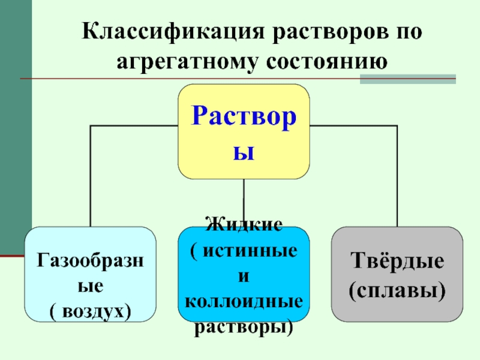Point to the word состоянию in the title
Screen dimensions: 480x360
[326, 62]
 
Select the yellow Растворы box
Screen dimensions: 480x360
[244, 131]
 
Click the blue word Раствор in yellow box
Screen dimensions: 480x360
[244, 116]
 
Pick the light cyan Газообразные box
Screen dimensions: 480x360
[91, 274]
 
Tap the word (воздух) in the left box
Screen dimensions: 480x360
[91, 312]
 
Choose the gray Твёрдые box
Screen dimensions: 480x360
[397, 274]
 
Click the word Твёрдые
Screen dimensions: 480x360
[397, 260]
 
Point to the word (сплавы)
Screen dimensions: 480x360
[397, 290]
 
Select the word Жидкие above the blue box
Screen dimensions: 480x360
[244, 224]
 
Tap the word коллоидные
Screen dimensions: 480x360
[244, 301]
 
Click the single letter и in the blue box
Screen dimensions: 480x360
[244, 276]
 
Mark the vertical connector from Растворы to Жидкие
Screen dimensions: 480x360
[244, 197]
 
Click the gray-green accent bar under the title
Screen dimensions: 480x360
[408, 79]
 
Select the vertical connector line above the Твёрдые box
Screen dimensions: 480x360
[397, 176]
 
